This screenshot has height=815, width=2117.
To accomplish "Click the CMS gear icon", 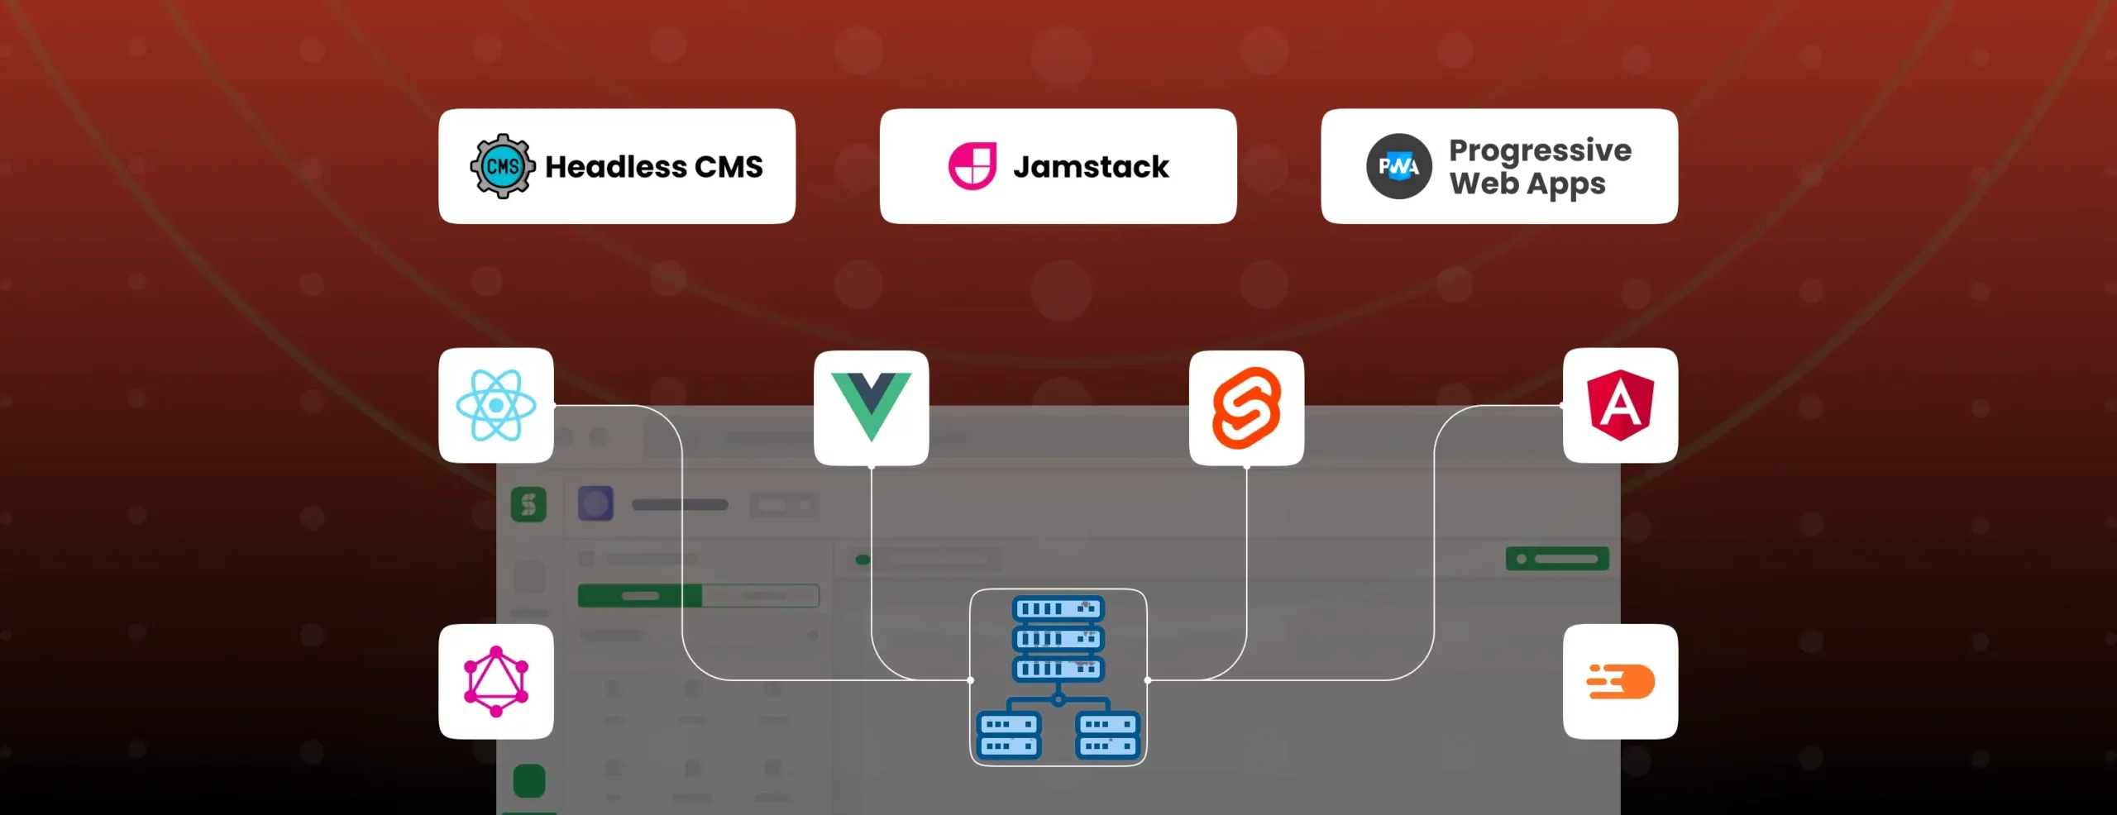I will (x=502, y=166).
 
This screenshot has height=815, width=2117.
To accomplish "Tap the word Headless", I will (x=616, y=167).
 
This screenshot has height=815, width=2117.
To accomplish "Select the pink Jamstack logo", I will (x=972, y=166).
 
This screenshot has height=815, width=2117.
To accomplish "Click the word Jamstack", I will (x=1091, y=167).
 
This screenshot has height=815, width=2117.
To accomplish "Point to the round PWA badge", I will (x=1398, y=166).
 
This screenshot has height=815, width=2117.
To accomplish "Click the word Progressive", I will (x=1540, y=150).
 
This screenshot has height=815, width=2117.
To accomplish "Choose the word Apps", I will (x=1567, y=184).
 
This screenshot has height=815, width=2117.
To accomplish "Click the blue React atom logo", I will (x=496, y=405).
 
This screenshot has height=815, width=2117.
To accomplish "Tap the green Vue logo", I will (x=871, y=407).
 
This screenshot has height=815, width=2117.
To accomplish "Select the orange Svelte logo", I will (x=1246, y=407).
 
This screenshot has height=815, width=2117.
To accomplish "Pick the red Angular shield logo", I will (x=1621, y=405).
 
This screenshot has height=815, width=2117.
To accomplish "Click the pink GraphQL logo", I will (x=496, y=681).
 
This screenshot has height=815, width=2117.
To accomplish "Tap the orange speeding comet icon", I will (x=1621, y=681).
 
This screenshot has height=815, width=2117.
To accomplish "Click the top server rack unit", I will (x=1058, y=609).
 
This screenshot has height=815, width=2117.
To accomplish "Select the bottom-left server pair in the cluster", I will (x=1008, y=735).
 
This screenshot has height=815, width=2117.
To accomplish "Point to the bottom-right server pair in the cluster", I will (x=1108, y=735).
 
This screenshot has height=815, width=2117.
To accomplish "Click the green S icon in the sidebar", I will (x=528, y=503).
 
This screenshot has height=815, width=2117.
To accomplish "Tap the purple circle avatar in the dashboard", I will (x=595, y=503).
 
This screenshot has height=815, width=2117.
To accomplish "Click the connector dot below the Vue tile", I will (x=872, y=467).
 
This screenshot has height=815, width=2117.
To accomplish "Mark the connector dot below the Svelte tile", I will (x=1247, y=467).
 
